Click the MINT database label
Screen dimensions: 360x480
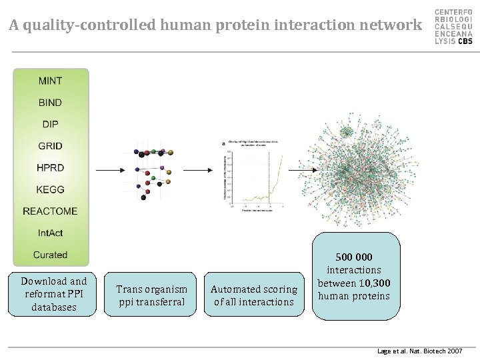(x=51, y=81)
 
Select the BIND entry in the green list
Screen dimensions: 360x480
(x=51, y=103)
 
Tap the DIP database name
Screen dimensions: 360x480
(x=51, y=124)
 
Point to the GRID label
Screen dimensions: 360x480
(x=51, y=146)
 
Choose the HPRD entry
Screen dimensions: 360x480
(x=51, y=167)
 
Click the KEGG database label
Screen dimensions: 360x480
(x=51, y=189)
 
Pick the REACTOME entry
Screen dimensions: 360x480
(x=51, y=211)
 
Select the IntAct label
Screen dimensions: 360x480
(x=51, y=233)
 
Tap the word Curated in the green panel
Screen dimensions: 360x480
(x=51, y=255)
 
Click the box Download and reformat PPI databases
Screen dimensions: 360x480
(x=54, y=294)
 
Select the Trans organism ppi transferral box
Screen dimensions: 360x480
(x=151, y=295)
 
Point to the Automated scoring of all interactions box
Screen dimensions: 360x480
(x=254, y=295)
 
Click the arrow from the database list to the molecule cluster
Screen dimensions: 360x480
(x=109, y=171)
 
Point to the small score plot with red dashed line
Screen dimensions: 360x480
(x=254, y=171)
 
